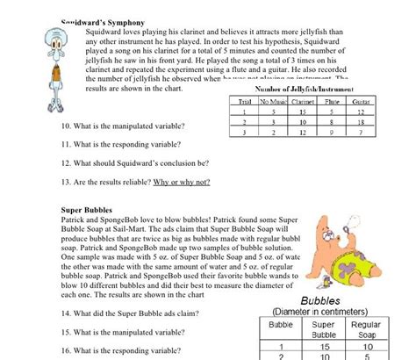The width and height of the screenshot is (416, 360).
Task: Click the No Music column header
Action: [274, 102]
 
